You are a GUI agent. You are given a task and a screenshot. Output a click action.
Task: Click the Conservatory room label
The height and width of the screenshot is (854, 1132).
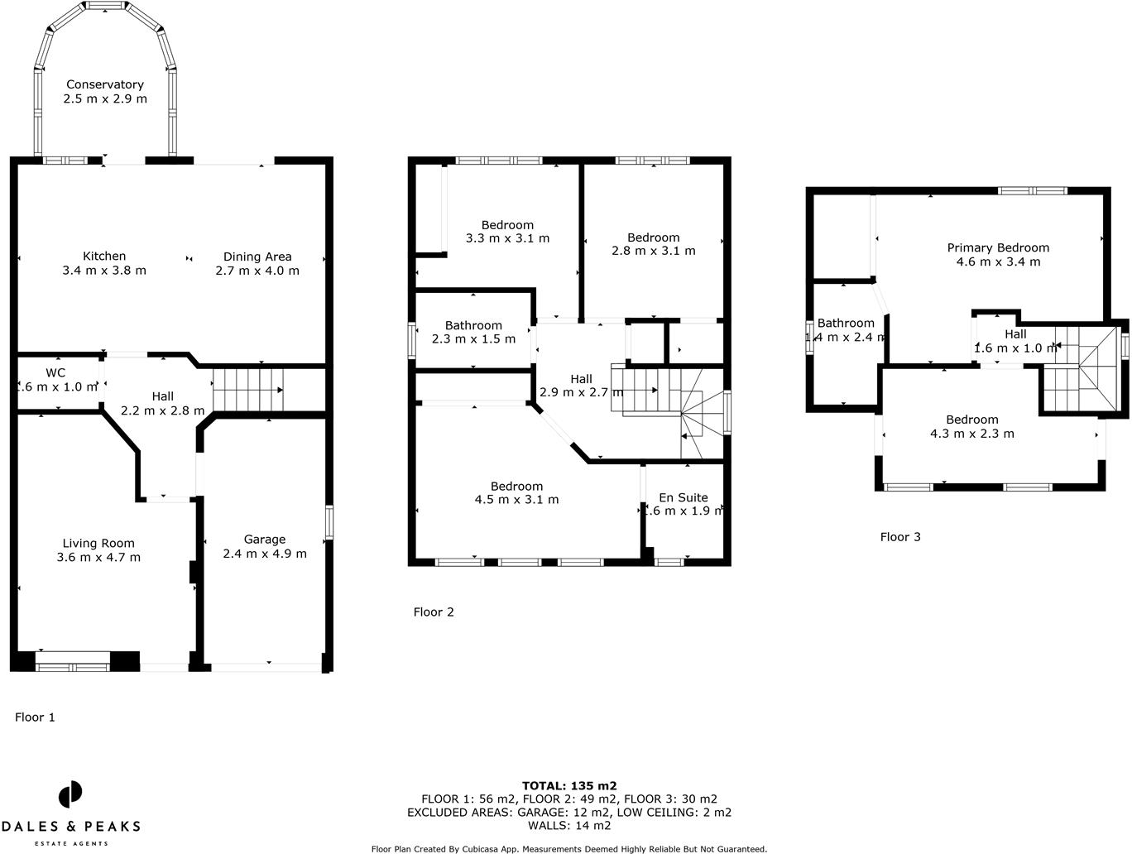[105, 84]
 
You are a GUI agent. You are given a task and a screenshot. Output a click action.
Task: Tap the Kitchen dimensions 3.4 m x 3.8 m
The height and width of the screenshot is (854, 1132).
[104, 271]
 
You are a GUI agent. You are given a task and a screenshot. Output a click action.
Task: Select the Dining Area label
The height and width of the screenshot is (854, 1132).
[257, 257]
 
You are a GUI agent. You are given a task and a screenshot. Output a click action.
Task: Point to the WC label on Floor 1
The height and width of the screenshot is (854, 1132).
[55, 373]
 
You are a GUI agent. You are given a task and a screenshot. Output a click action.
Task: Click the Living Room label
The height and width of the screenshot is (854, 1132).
[98, 544]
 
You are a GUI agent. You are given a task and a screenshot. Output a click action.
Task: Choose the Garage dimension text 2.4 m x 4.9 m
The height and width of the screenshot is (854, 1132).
[265, 554]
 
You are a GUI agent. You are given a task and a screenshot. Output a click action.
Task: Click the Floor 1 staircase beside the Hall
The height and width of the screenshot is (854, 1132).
[247, 390]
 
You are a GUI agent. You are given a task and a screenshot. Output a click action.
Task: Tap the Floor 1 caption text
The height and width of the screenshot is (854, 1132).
[35, 717]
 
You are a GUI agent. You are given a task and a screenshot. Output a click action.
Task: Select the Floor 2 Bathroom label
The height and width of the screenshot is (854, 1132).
[473, 325]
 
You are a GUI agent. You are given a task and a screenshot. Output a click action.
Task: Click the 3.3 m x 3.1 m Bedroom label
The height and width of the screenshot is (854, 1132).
[507, 225]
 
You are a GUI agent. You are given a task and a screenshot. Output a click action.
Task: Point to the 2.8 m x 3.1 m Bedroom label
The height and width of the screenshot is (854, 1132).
[653, 237]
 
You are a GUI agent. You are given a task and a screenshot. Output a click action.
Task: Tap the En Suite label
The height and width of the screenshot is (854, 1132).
[683, 497]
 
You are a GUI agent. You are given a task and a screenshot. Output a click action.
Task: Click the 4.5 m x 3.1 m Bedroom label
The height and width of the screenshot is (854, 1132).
[516, 487]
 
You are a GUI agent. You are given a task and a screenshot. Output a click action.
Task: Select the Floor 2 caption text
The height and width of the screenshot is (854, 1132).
[434, 612]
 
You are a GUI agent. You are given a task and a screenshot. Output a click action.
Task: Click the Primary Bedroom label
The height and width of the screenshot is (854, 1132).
[998, 247]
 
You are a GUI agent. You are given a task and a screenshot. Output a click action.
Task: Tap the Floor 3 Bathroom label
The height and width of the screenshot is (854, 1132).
[846, 324]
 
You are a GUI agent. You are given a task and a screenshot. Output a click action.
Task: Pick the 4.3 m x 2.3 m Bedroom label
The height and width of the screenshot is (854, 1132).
[972, 420]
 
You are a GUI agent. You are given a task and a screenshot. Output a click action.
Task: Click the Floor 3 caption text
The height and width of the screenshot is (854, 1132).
[900, 537]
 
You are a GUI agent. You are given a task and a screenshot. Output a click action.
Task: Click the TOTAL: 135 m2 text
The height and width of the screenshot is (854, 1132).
[569, 786]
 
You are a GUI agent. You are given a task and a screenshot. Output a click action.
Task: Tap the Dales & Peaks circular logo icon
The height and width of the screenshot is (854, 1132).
[70, 794]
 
